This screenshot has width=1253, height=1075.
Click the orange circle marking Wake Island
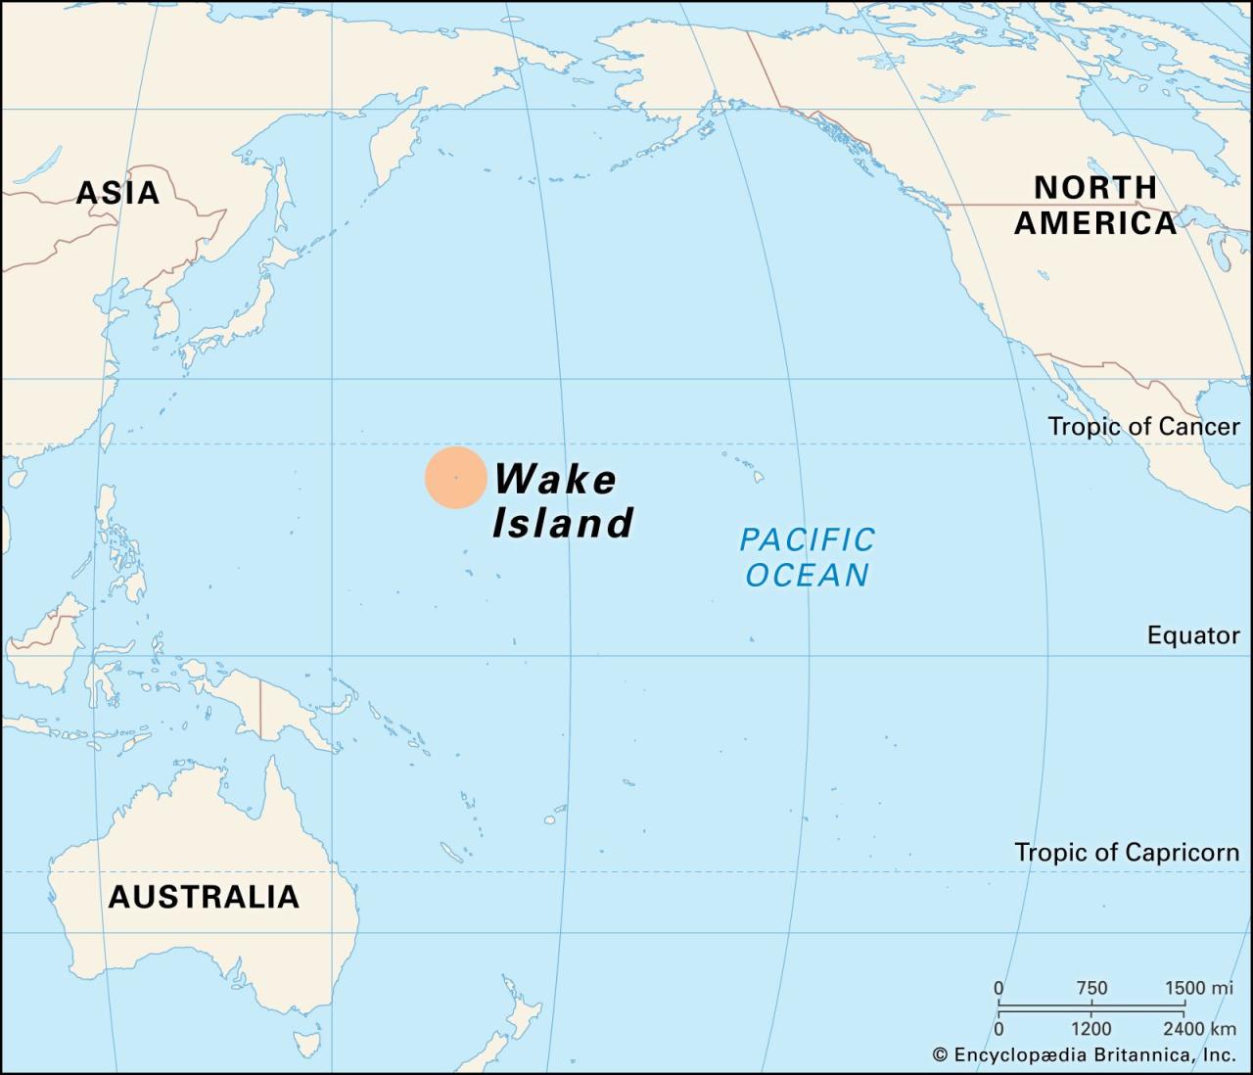pyautogui.click(x=455, y=478)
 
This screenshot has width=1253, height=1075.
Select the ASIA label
pyautogui.click(x=117, y=193)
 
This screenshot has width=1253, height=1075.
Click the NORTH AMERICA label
pyautogui.click(x=1095, y=205)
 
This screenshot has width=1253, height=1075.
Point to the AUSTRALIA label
pyautogui.click(x=204, y=896)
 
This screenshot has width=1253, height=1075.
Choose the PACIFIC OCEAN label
pyautogui.click(x=807, y=556)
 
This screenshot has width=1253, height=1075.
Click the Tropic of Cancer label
pyautogui.click(x=1143, y=426)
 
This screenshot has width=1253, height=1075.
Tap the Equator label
pyautogui.click(x=1193, y=635)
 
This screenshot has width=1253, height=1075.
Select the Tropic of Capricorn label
pyautogui.click(x=1127, y=852)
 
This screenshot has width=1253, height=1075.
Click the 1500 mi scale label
pyautogui.click(x=1198, y=988)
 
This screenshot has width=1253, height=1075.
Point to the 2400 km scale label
pyautogui.click(x=1199, y=1028)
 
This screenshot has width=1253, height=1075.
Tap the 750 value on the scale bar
pyautogui.click(x=1091, y=988)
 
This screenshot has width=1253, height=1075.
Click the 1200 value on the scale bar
pyautogui.click(x=1091, y=1028)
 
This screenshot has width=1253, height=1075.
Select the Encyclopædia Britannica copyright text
pyautogui.click(x=1084, y=1054)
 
